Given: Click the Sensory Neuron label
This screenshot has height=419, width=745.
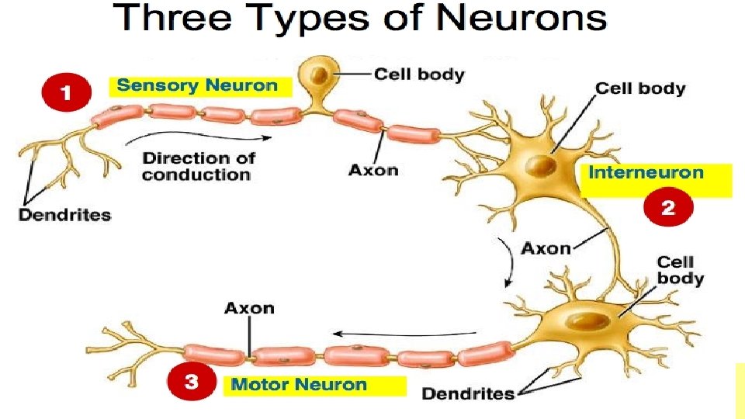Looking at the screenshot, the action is click(197, 85).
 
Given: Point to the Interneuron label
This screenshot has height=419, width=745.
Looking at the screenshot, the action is click(646, 172).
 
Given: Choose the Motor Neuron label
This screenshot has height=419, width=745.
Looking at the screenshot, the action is click(300, 384).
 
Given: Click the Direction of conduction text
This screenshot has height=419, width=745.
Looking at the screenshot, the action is click(199, 166).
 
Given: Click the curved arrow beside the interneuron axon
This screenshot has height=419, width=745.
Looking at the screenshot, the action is click(507, 261).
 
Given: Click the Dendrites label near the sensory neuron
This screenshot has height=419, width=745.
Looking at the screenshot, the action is click(64, 215).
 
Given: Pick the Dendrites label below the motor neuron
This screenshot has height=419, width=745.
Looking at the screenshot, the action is click(468, 394).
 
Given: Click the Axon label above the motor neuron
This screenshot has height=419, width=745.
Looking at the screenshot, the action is click(249, 308).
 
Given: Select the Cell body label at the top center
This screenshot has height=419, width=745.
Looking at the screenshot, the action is click(419, 74).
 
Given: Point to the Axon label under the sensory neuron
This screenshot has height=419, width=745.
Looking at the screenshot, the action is click(373, 169).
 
